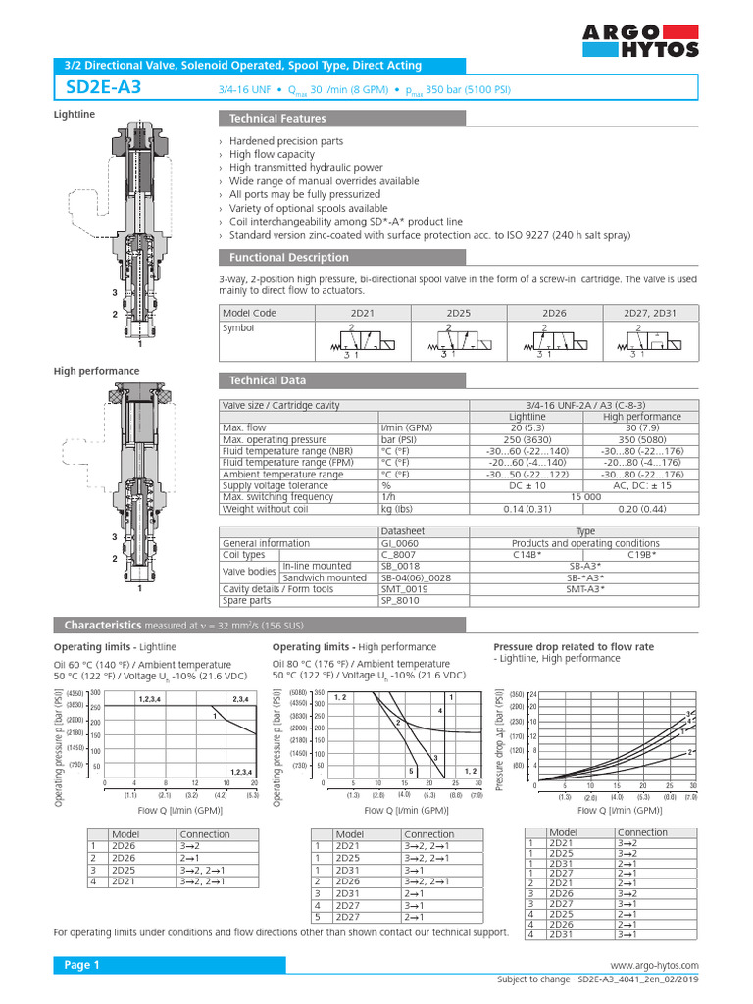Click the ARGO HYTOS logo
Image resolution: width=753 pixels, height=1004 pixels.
pyautogui.click(x=640, y=41)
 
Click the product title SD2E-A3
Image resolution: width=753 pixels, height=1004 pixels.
pyautogui.click(x=103, y=88)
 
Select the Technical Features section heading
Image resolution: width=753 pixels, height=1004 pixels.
pyautogui.click(x=277, y=119)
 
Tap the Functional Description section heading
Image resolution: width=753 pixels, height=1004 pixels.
pyautogui.click(x=288, y=258)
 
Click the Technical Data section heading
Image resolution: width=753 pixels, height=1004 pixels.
pyautogui.click(x=267, y=380)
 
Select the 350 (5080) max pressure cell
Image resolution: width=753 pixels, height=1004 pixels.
pyautogui.click(x=640, y=441)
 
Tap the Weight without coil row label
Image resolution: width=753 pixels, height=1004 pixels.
pyautogui.click(x=266, y=509)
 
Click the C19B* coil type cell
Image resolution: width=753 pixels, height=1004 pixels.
pyautogui.click(x=640, y=555)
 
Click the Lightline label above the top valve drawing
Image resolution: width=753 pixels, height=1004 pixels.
pyautogui.click(x=74, y=115)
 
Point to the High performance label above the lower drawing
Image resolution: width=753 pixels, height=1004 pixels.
pyautogui.click(x=96, y=371)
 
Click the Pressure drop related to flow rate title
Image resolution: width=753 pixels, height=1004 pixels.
pyautogui.click(x=573, y=647)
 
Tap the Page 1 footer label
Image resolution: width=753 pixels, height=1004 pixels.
pyautogui.click(x=82, y=965)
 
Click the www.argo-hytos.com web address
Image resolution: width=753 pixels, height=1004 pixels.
pyautogui.click(x=654, y=966)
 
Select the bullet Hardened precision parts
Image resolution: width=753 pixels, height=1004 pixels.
pyautogui.click(x=286, y=141)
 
